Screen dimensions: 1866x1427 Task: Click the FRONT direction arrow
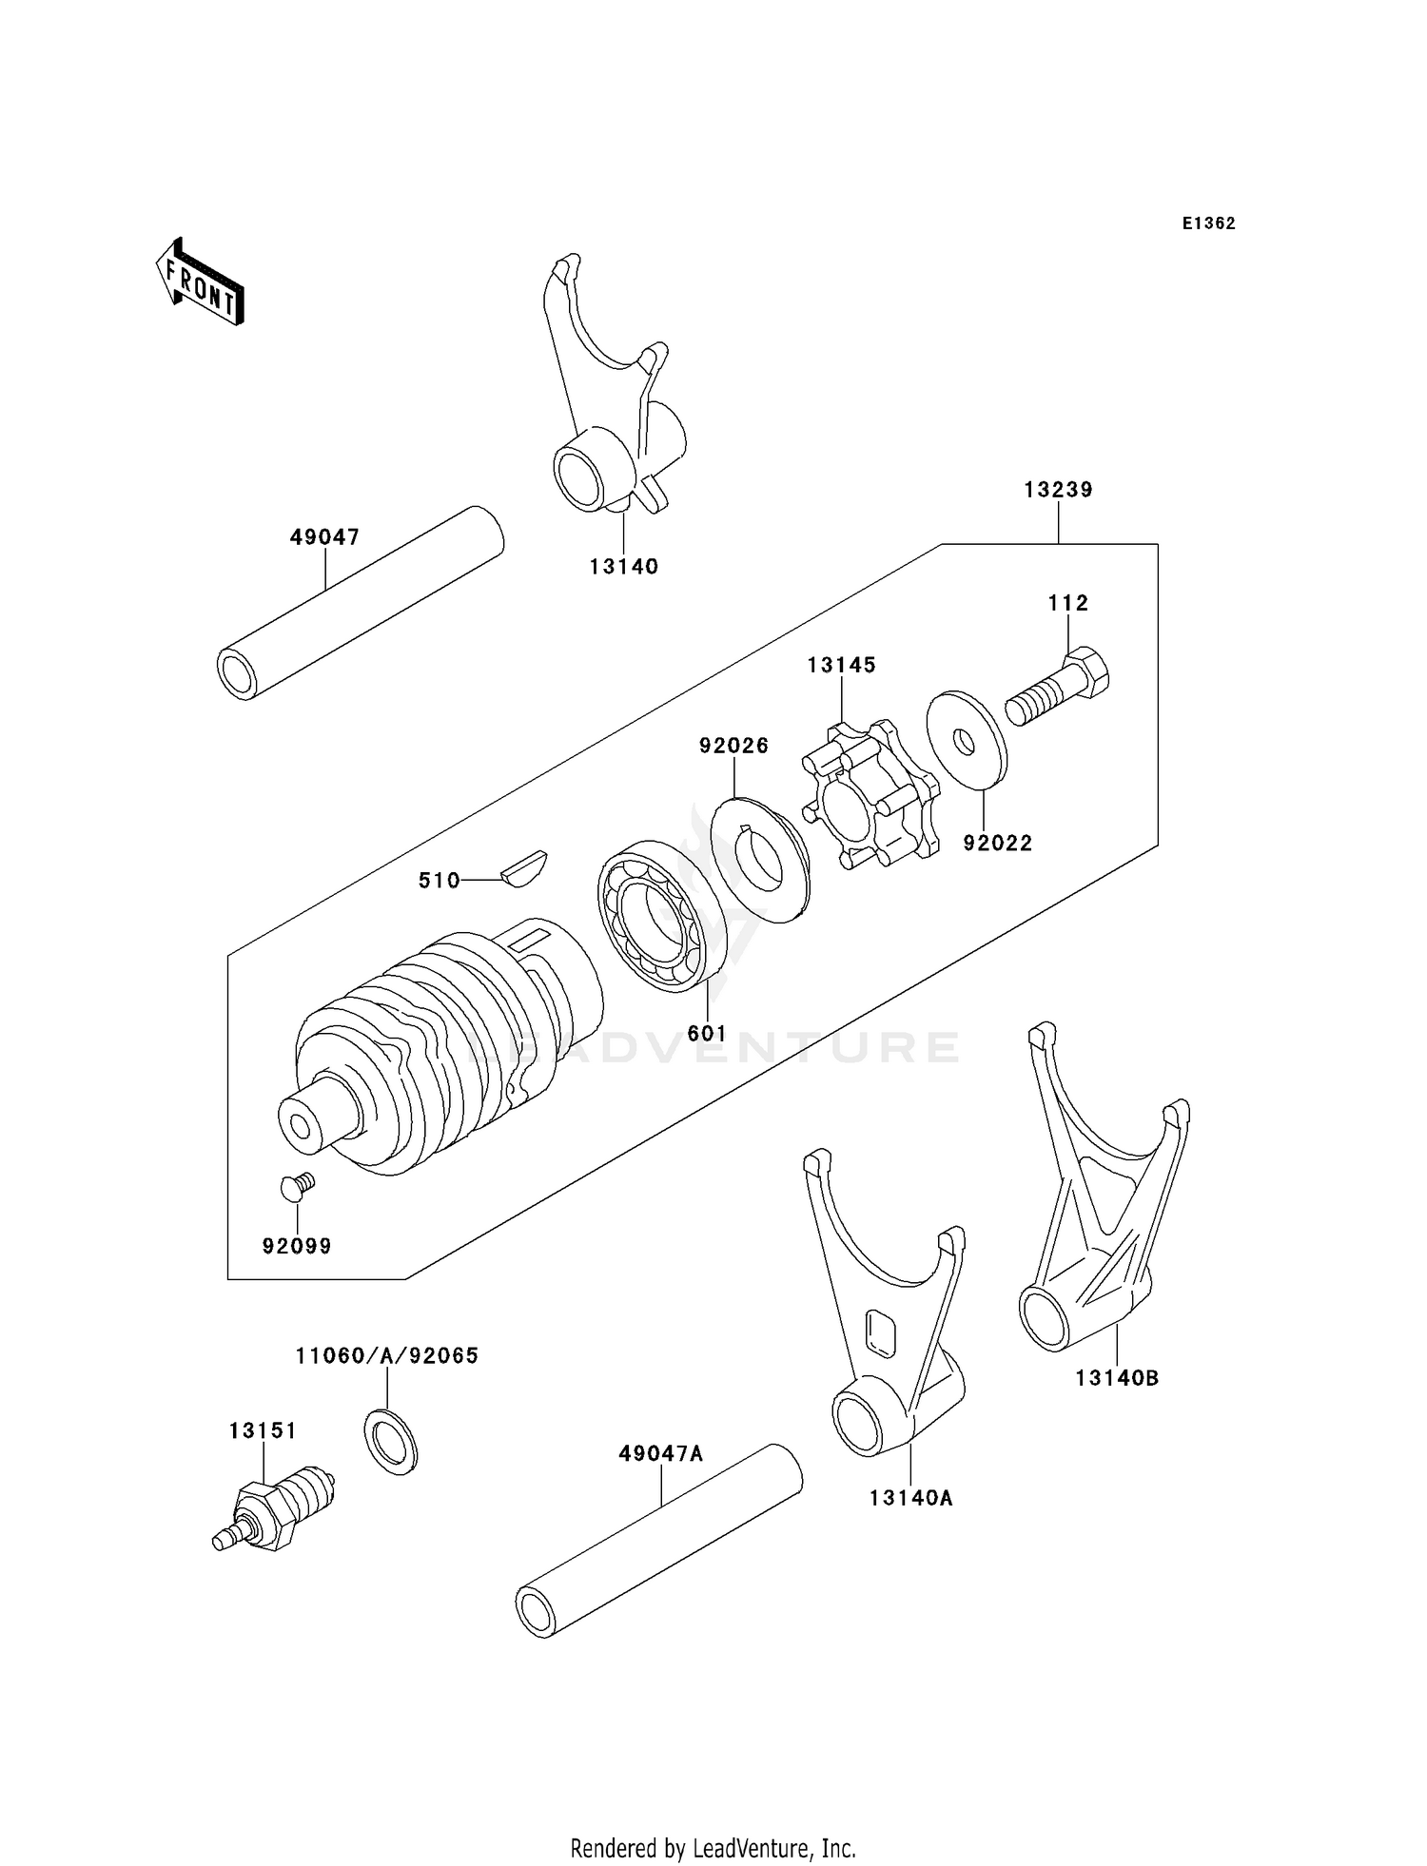(201, 283)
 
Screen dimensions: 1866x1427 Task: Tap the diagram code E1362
(1208, 224)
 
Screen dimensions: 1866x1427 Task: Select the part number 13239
(1058, 490)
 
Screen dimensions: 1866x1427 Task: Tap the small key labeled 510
(524, 867)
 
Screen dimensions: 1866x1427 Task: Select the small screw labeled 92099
(297, 1186)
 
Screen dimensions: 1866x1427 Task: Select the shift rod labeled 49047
(362, 604)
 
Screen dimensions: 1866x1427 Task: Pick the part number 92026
(733, 746)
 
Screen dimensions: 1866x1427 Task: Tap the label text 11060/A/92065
(386, 1355)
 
